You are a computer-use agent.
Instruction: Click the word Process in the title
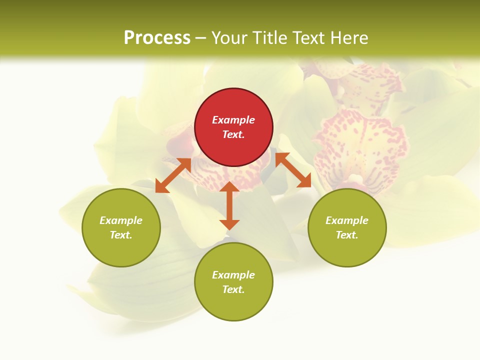tap(157, 38)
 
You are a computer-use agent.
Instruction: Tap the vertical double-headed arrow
tap(229, 205)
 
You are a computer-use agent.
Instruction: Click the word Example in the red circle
tap(233, 120)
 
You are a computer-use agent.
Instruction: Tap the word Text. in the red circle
tap(233, 134)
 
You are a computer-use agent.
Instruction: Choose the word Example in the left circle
tap(121, 220)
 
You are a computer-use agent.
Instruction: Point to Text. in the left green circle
tap(121, 235)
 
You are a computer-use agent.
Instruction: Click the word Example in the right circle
tap(347, 220)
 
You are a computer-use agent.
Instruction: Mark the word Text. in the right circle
tap(347, 235)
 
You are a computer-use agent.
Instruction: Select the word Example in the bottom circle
tap(233, 275)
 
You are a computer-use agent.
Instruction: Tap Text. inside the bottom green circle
tap(233, 289)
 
